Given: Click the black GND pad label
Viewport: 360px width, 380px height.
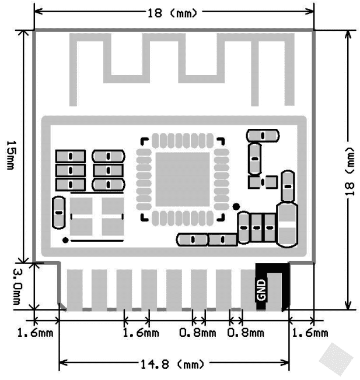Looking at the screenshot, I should point(261,289).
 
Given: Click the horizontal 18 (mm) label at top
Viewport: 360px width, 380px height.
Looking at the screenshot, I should point(173,12).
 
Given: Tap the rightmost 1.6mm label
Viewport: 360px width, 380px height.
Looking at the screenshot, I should point(310,333).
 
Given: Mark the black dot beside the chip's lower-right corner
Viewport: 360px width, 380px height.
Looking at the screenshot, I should point(236,206).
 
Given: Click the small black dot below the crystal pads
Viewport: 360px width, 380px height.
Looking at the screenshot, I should point(66,240).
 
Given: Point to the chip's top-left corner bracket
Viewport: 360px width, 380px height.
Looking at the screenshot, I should point(143,140).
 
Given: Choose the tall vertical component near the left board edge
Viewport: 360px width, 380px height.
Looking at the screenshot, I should point(58,213).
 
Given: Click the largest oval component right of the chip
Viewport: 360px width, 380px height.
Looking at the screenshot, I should point(286,224).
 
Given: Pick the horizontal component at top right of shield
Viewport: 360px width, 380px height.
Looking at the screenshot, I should point(263,135).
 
